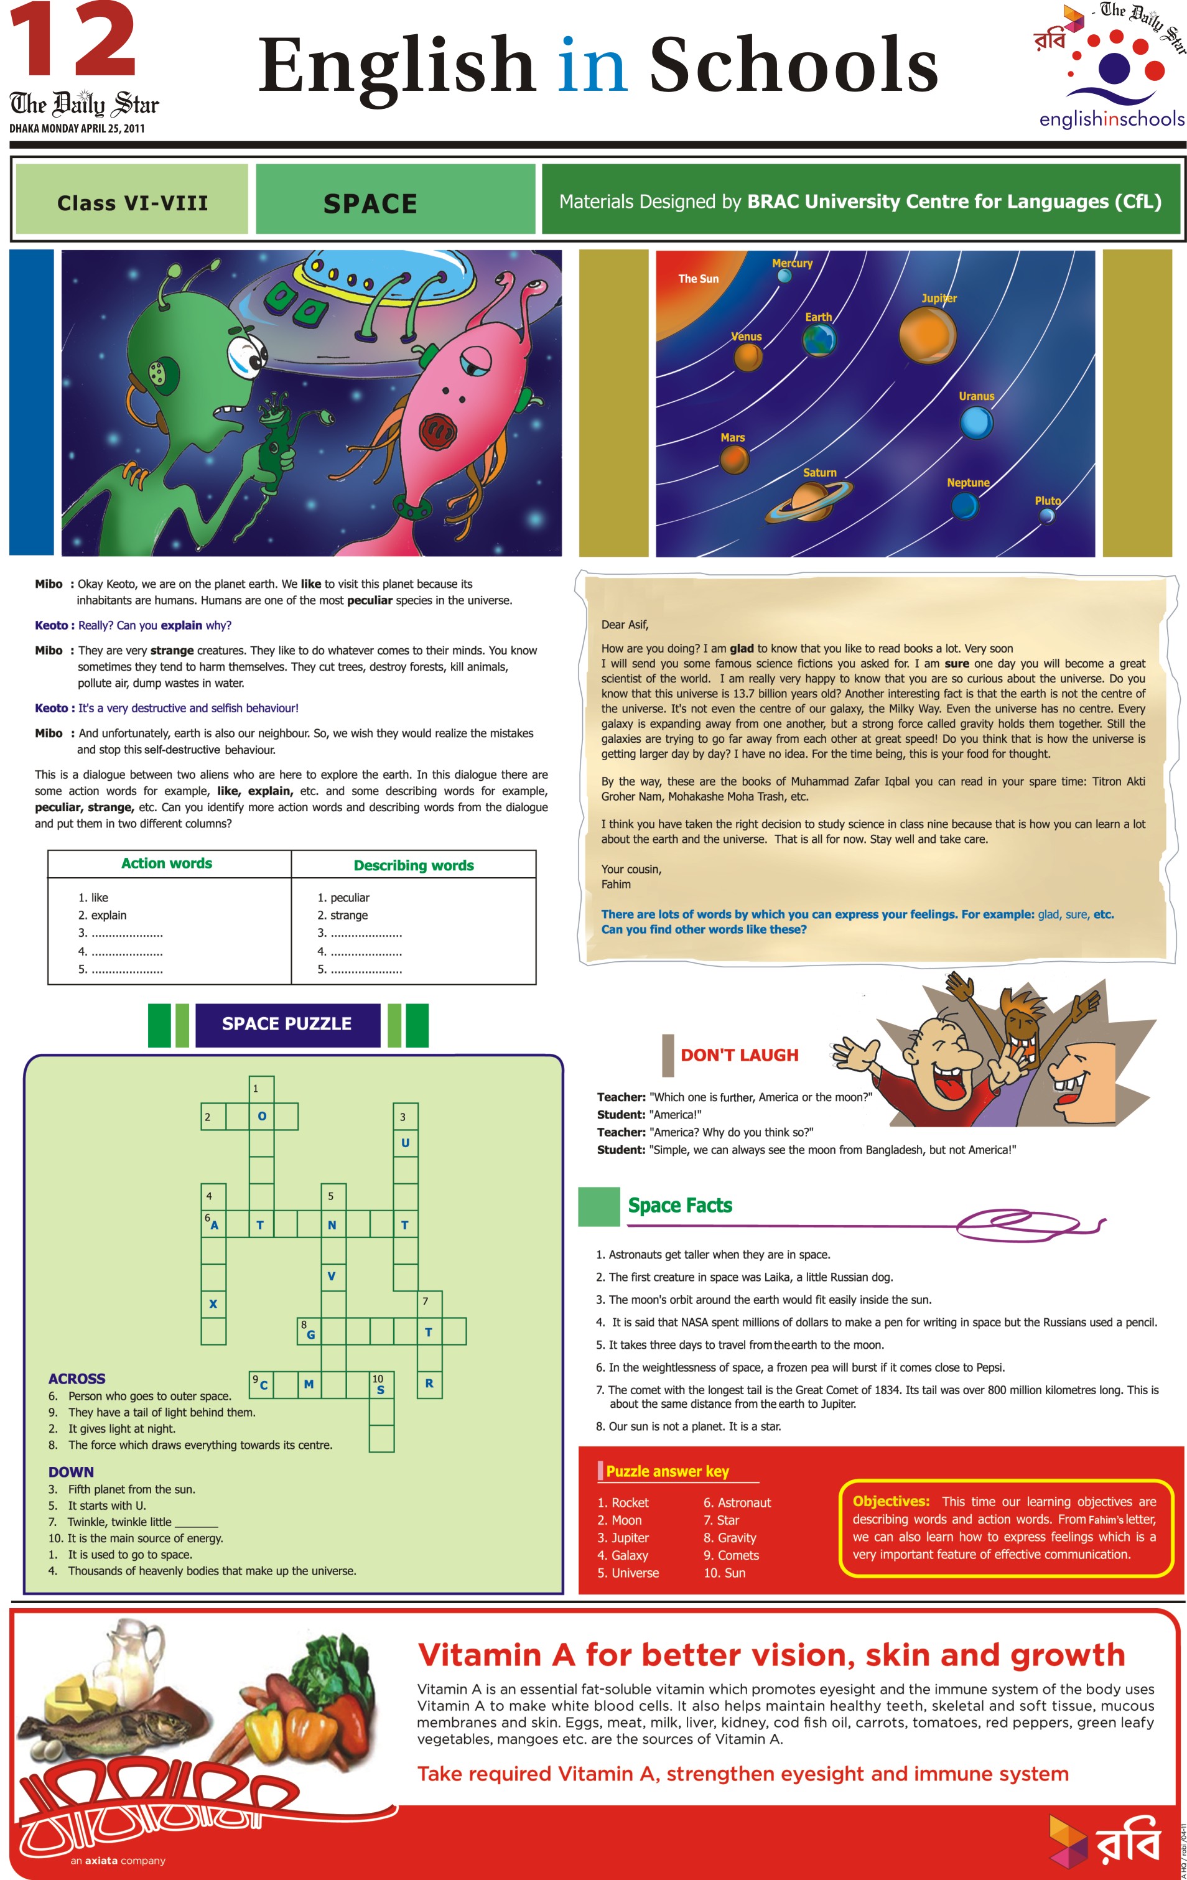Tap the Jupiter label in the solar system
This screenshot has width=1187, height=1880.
click(x=939, y=298)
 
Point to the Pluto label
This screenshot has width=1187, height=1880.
click(x=1047, y=500)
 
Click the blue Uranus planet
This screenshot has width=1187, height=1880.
click(x=975, y=423)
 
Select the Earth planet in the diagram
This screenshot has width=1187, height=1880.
click(x=819, y=340)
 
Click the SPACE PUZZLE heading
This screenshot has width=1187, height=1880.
click(x=287, y=1023)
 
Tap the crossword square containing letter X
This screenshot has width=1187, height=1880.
click(x=213, y=1304)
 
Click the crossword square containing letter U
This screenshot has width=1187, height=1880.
click(x=405, y=1143)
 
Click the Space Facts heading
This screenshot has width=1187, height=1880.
click(x=680, y=1206)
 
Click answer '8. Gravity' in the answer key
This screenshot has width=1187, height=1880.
click(x=729, y=1537)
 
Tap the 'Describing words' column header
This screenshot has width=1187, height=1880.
click(x=414, y=865)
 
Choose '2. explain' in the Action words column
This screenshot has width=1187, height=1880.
click(x=102, y=915)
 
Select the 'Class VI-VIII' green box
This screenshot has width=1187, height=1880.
click(x=132, y=200)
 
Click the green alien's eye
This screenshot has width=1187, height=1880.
click(x=248, y=355)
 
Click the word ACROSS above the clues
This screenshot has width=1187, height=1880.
click(x=77, y=1379)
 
